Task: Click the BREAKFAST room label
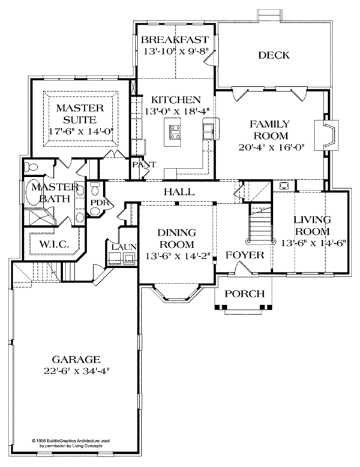point(175,40)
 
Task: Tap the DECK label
point(274,56)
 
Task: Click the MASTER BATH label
point(49,193)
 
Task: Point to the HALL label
point(179,192)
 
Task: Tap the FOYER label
point(245,255)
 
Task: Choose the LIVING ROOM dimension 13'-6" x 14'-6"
point(311,243)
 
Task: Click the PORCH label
point(243,293)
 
